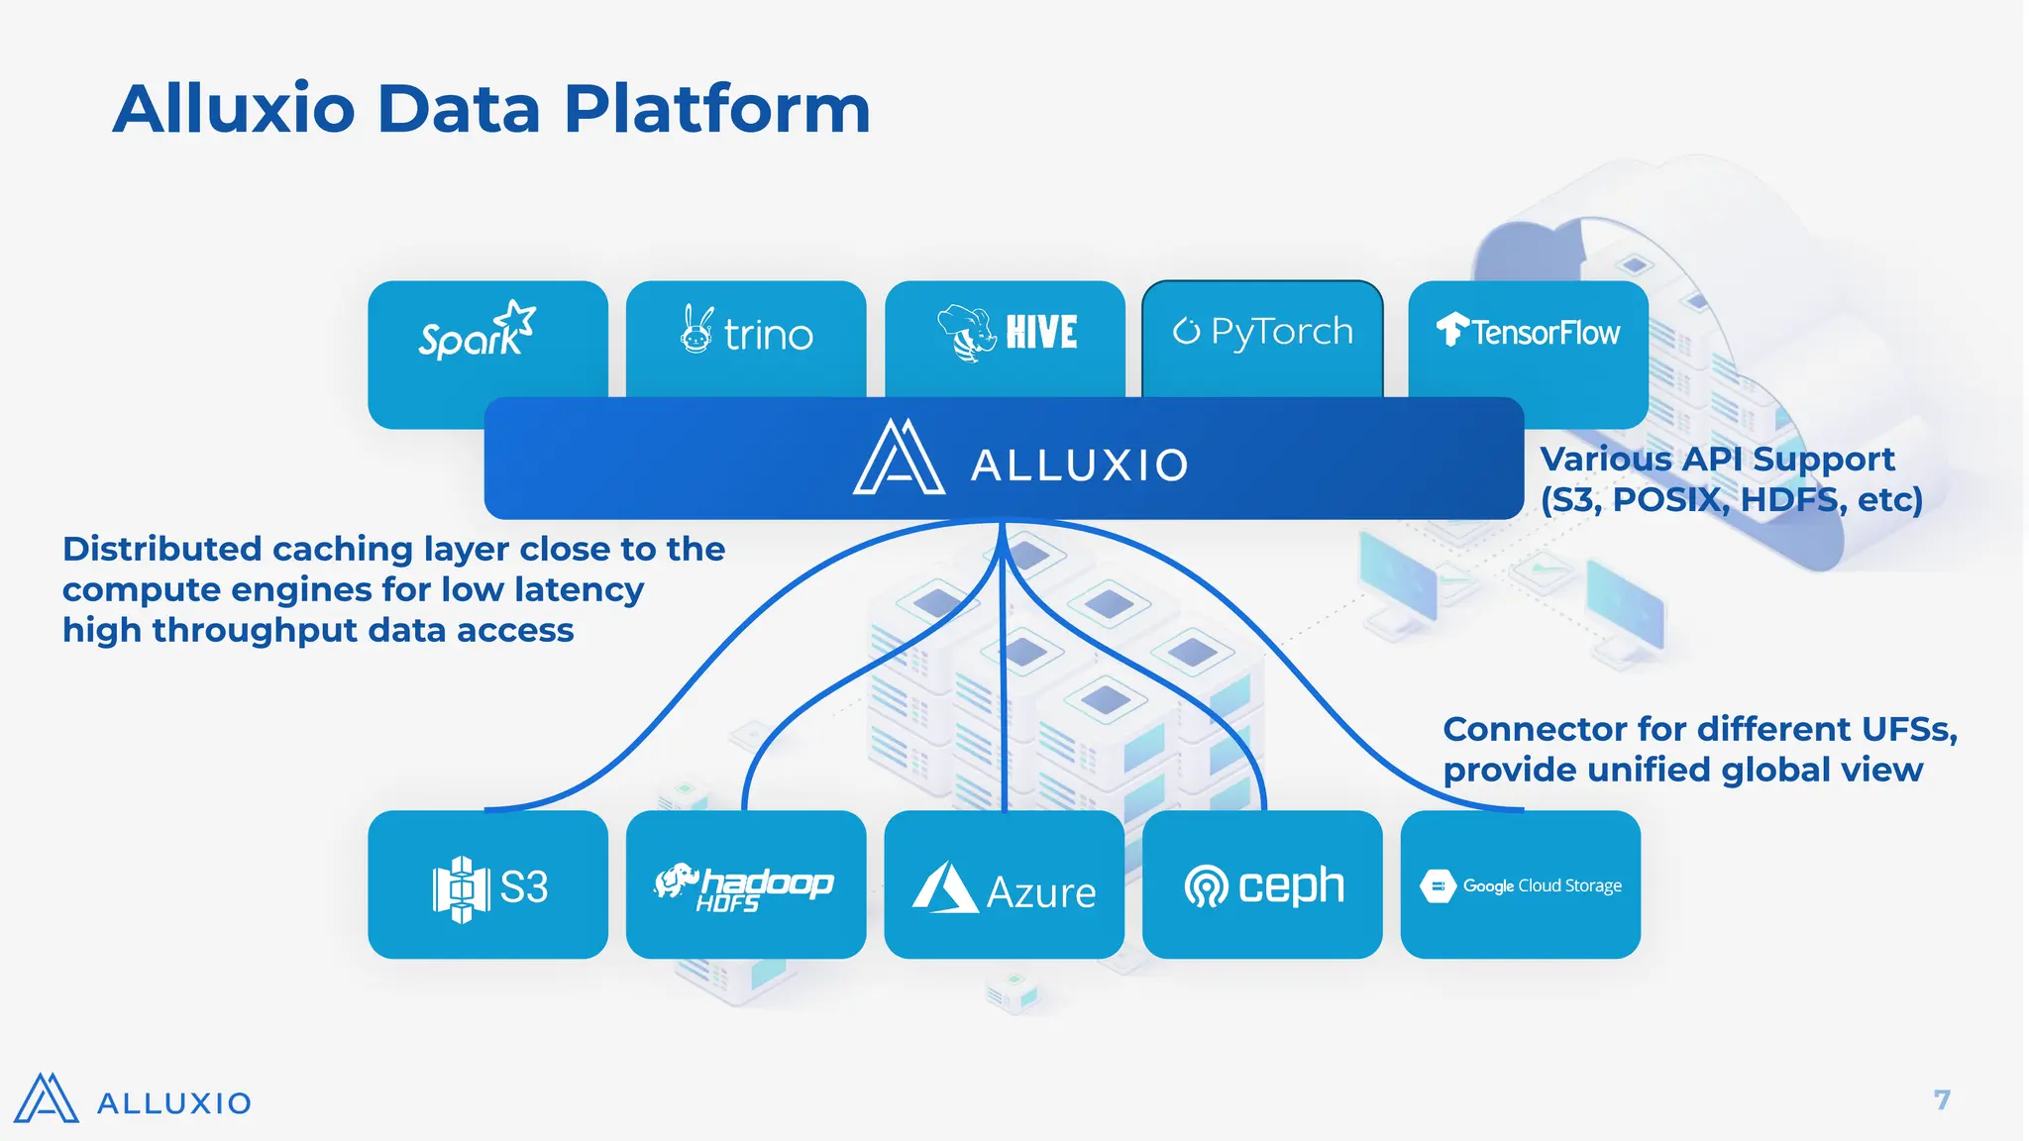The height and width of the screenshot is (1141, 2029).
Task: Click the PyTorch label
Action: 1281,332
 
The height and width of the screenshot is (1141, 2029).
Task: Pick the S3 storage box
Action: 487,884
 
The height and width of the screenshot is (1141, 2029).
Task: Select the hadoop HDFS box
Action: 746,884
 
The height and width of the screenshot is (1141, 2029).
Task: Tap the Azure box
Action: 1004,884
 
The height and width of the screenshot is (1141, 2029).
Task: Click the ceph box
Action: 1262,884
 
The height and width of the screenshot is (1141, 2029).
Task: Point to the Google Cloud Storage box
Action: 1520,884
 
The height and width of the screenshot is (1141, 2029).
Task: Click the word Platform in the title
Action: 717,109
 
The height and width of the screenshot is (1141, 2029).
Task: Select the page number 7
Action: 1942,1100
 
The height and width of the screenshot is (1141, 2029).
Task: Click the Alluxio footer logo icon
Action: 46,1099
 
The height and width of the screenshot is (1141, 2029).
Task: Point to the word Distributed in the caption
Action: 161,549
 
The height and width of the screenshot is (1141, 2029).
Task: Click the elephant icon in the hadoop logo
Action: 676,880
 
